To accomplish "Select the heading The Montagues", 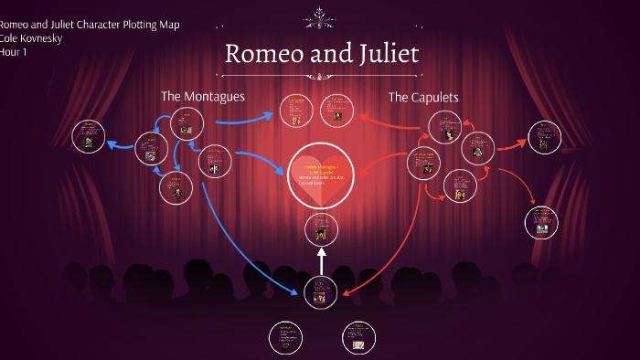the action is point(202,96).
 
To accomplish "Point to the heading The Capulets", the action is point(422,97).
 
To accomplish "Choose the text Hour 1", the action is point(14,51).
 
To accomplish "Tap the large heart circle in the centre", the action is point(320,174).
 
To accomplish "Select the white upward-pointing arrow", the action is point(321,262).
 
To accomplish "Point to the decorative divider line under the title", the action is point(320,75).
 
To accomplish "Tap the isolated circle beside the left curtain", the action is point(89,136).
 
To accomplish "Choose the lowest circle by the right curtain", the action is point(541,222).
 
